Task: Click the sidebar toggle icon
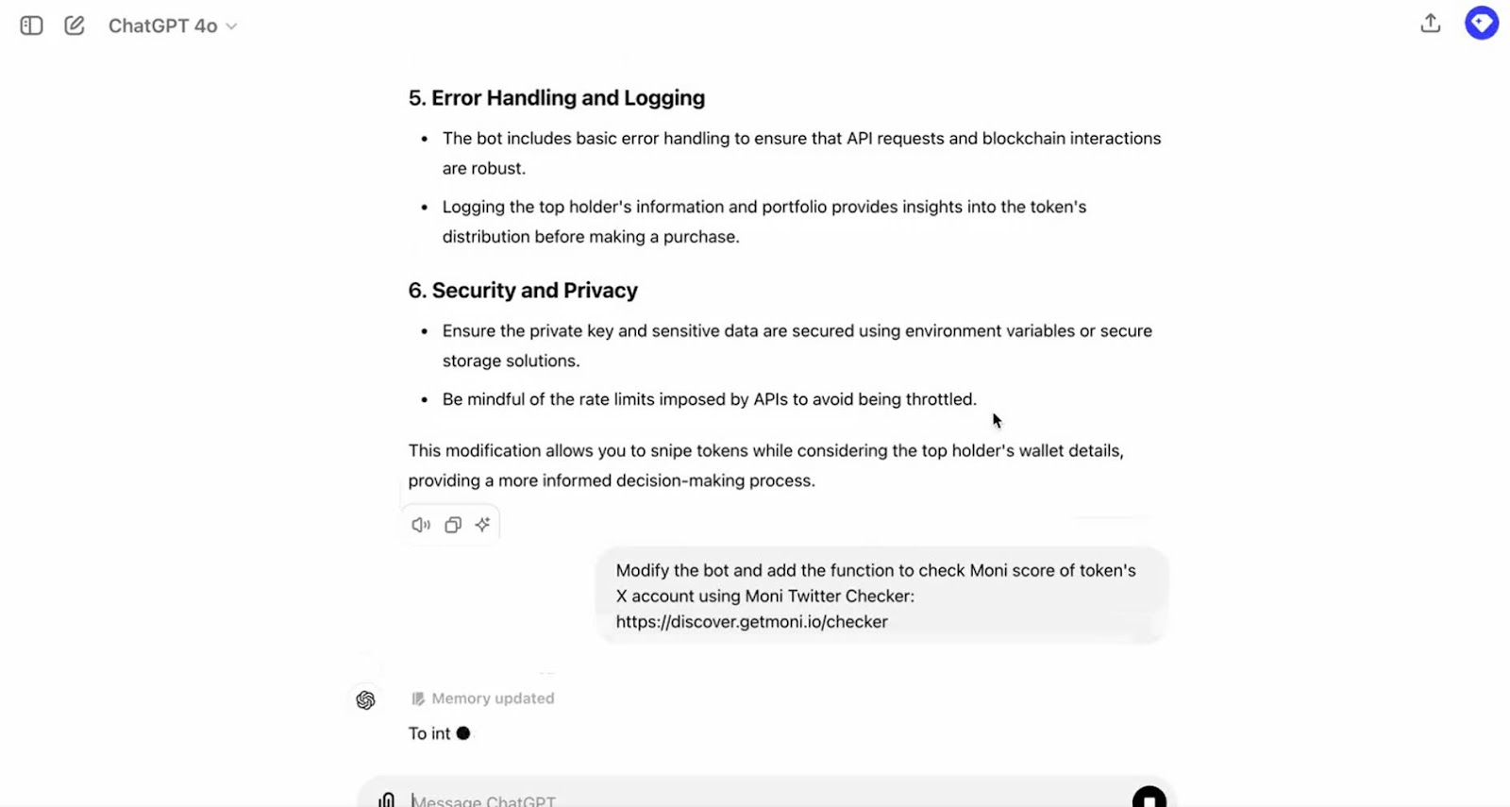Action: click(x=31, y=25)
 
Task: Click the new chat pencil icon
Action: click(x=75, y=25)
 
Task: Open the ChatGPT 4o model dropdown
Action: click(x=173, y=26)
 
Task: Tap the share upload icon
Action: click(x=1431, y=24)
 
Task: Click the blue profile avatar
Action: click(x=1482, y=23)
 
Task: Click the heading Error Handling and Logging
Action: click(x=557, y=98)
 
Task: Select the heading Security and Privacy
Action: click(x=523, y=291)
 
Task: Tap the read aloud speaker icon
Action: click(x=421, y=525)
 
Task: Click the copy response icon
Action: click(x=453, y=525)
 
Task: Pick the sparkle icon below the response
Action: click(x=483, y=525)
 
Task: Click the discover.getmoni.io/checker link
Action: click(x=751, y=622)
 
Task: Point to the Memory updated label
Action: click(x=492, y=698)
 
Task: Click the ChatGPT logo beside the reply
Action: click(x=366, y=700)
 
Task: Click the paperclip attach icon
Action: click(x=387, y=799)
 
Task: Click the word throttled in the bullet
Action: click(x=940, y=399)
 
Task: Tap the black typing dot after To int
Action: click(x=463, y=733)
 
